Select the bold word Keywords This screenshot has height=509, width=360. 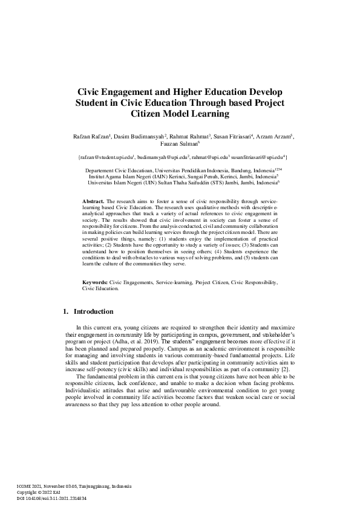pos(95,282)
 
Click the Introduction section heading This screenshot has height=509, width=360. pos(93,312)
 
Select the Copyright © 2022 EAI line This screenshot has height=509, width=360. pos(40,493)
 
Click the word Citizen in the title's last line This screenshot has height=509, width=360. pos(151,113)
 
